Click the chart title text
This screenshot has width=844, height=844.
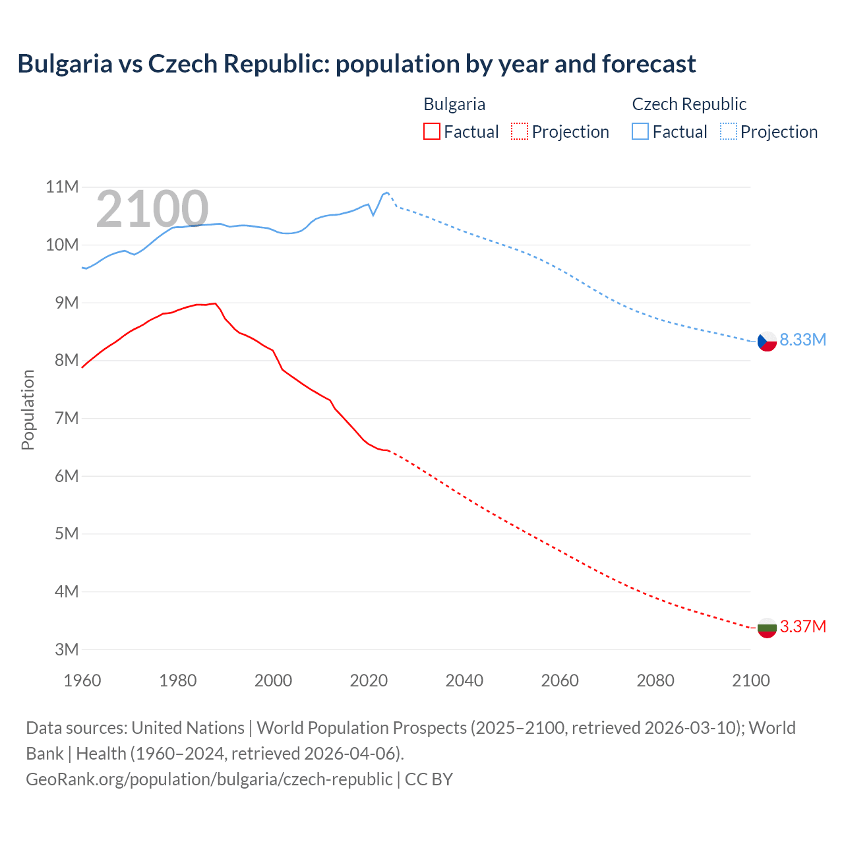coord(356,64)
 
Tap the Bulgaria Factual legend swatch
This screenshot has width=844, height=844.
coord(431,131)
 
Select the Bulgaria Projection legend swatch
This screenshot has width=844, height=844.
coord(520,131)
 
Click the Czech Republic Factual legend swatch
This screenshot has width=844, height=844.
coord(640,131)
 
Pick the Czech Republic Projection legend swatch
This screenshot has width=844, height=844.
coord(728,131)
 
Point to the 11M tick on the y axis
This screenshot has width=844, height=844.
coord(62,187)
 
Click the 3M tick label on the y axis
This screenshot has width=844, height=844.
coord(66,649)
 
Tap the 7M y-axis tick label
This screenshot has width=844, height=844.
coord(66,418)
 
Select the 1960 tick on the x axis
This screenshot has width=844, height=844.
coord(82,680)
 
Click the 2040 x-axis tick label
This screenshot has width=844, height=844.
coord(464,680)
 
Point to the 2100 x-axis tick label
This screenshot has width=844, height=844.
coord(750,680)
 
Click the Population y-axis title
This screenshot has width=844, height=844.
coord(28,409)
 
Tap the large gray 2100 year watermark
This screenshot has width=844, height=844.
coord(152,209)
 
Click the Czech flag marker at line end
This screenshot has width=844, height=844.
coord(767,341)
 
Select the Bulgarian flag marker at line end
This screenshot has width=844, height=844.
coord(767,628)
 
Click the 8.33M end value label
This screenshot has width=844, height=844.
coord(802,340)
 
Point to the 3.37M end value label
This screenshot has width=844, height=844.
coord(802,626)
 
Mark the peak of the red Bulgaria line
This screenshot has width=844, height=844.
coord(215,303)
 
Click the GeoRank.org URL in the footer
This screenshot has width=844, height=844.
coord(209,779)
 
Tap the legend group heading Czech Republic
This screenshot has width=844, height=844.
coord(689,104)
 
